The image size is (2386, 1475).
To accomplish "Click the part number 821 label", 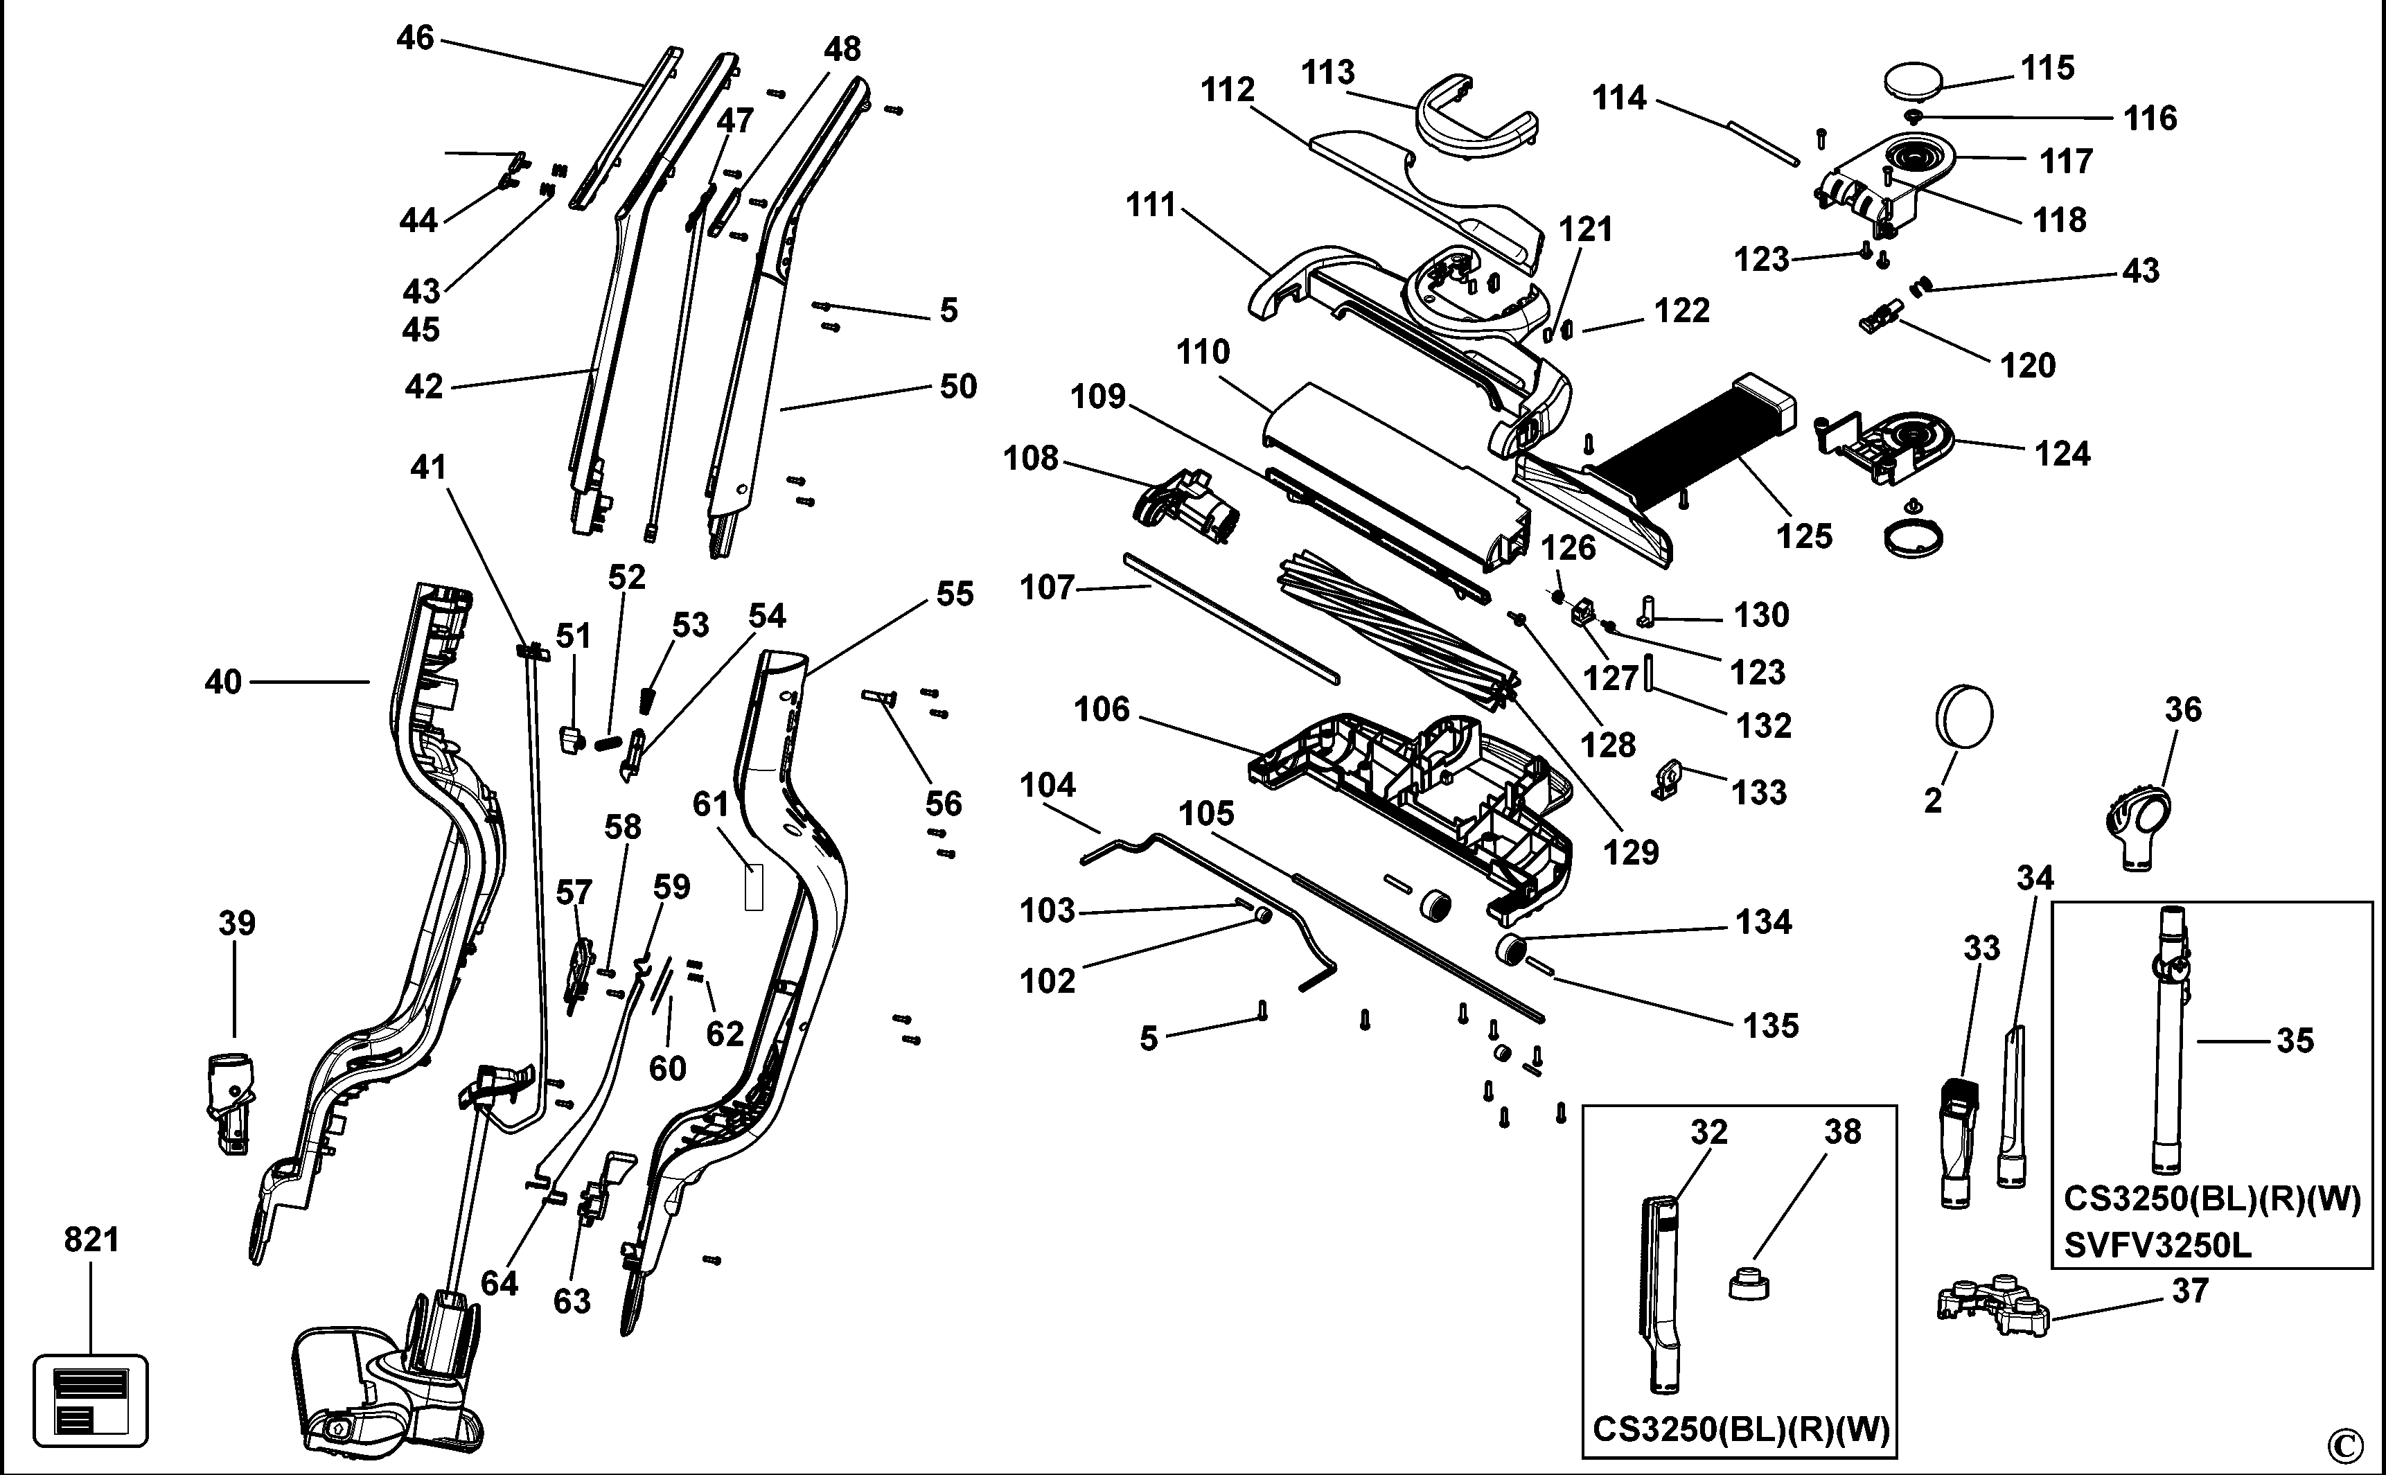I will tap(91, 1240).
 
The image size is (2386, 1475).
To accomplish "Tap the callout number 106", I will tap(1102, 709).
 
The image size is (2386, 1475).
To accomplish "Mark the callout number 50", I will tap(958, 387).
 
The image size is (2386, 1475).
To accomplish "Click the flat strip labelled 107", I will tap(1232, 617).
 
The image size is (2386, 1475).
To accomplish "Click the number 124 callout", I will tap(2062, 454).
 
